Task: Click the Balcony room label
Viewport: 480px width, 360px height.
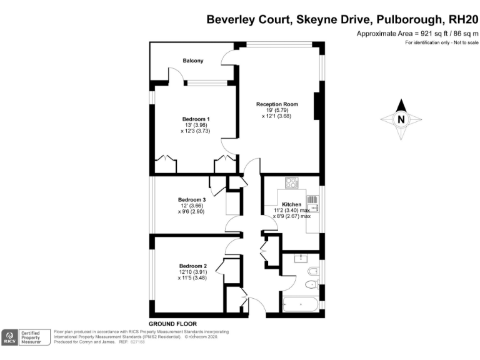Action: tap(192, 61)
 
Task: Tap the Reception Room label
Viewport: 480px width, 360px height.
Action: tap(277, 104)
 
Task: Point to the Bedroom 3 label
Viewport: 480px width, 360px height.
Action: tap(191, 199)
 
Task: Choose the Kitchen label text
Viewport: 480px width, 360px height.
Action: tap(291, 204)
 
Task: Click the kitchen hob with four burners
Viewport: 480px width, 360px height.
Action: tap(292, 183)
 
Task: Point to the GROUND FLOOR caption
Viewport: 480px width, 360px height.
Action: tap(173, 323)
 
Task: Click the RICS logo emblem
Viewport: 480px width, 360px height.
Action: tap(10, 337)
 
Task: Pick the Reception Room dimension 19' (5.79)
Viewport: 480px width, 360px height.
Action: tap(277, 110)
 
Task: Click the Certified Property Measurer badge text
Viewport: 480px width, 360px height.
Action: tap(31, 337)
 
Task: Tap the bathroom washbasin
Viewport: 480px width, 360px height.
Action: tap(301, 257)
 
